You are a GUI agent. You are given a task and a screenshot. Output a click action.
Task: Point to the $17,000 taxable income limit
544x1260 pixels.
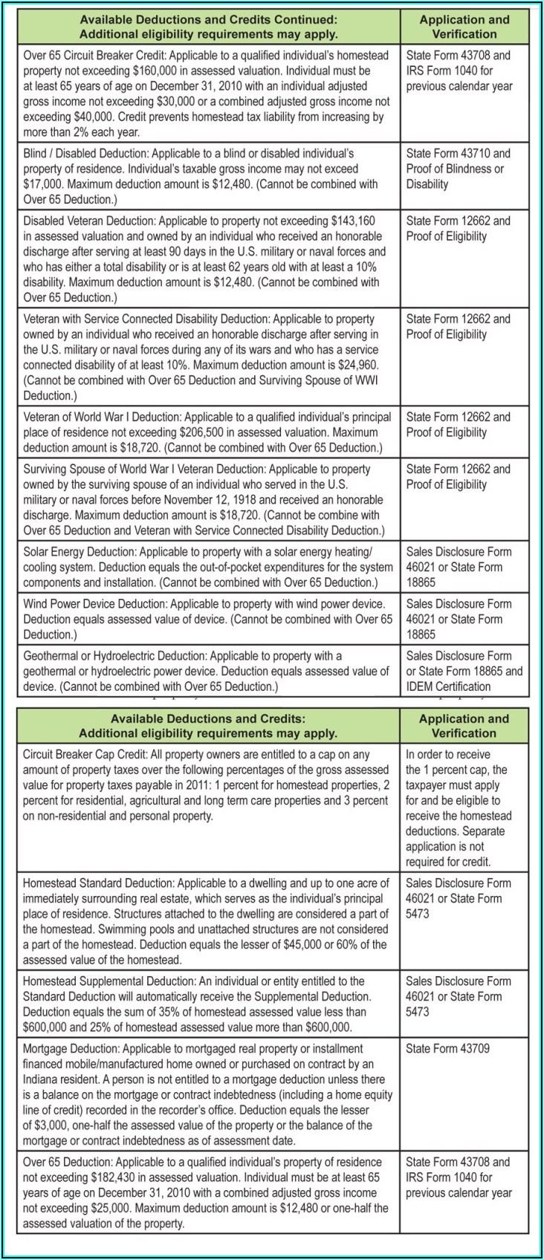point(44,184)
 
